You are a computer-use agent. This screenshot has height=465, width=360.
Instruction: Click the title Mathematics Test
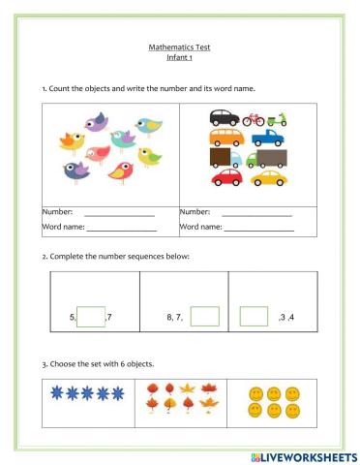[180, 46]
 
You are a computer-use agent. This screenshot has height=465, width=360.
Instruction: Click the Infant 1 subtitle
[180, 57]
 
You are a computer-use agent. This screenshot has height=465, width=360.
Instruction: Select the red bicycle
[254, 119]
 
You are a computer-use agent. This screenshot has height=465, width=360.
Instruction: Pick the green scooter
[281, 119]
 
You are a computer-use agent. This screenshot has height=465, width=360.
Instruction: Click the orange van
[228, 139]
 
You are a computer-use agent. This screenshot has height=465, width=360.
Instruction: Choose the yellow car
[270, 178]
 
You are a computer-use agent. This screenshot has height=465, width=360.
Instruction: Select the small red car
[225, 178]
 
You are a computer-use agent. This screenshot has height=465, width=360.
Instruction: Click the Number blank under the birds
[120, 213]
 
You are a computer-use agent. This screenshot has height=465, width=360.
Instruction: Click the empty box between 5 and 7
[90, 316]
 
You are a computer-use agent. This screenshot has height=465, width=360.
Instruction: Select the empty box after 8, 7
[205, 316]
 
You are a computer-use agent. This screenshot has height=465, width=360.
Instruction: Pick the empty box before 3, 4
[254, 316]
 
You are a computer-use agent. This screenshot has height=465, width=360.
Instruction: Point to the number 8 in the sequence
[170, 317]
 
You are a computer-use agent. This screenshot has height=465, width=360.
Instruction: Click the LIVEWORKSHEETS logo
[303, 455]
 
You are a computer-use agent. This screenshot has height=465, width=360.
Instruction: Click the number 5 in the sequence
[73, 317]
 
